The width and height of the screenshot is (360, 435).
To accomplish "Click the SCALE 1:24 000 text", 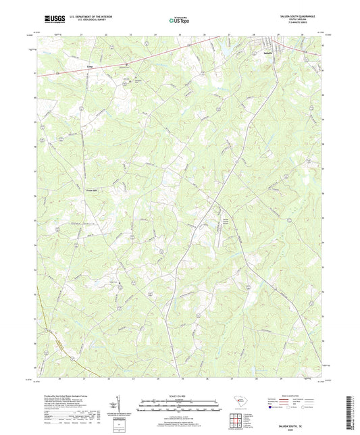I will (179, 396).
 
